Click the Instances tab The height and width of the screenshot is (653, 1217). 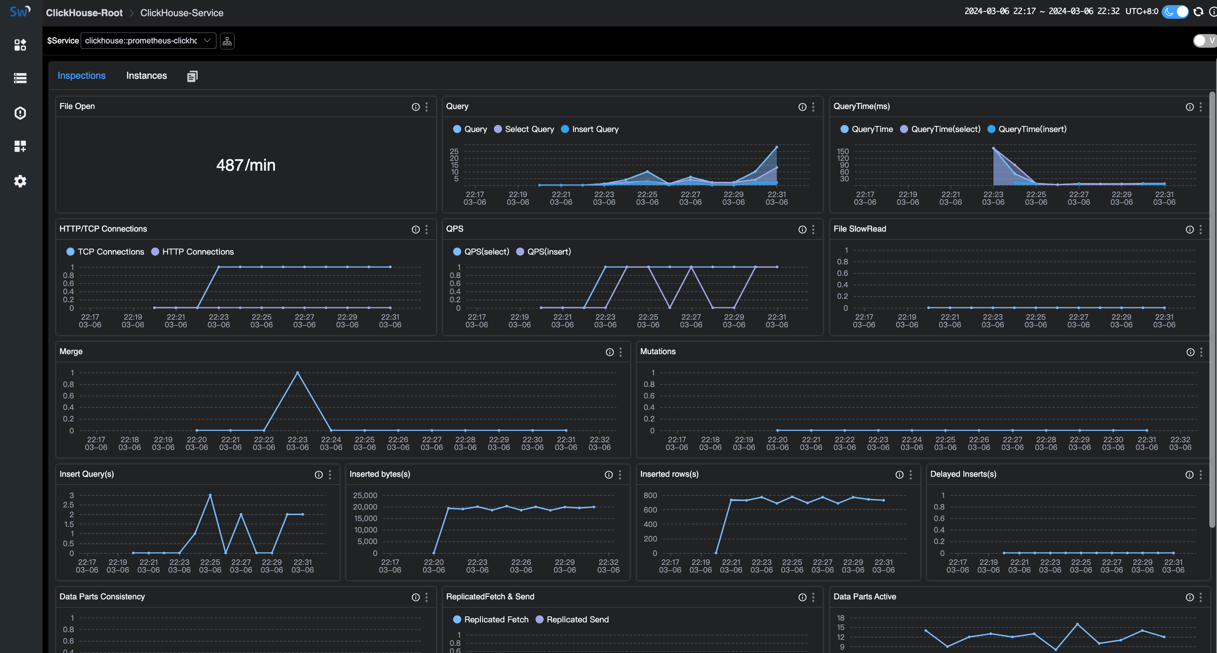146,76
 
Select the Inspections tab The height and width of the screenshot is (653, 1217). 81,76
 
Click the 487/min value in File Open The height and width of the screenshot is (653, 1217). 246,165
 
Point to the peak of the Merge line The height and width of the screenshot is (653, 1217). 297,373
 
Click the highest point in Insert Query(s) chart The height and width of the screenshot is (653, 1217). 210,495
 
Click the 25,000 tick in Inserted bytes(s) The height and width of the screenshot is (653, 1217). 365,495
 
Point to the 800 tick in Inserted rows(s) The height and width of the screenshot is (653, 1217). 650,495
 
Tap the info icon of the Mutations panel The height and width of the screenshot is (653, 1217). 1190,352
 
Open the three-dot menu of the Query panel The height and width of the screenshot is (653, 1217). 813,107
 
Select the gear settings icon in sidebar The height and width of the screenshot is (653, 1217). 20,181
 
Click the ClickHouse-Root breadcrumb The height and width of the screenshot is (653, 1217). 84,13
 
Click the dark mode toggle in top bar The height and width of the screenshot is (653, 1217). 1175,12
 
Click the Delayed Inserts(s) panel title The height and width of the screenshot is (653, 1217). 963,474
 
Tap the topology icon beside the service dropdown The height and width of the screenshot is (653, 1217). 227,41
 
